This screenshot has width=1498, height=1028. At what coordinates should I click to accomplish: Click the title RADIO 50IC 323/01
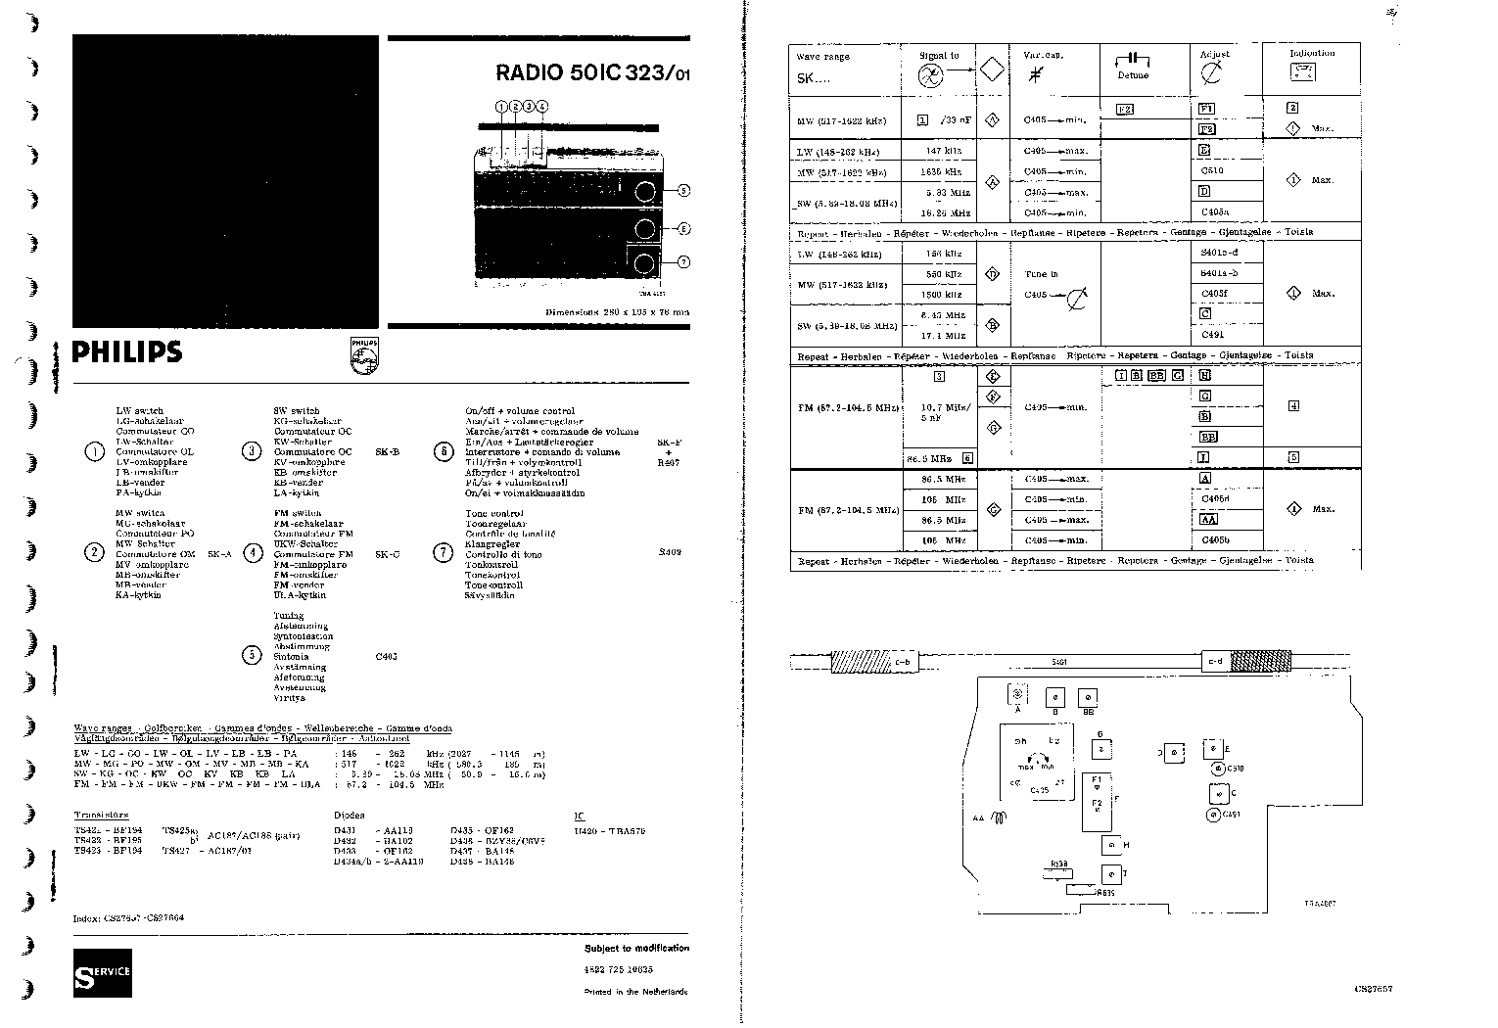point(591,71)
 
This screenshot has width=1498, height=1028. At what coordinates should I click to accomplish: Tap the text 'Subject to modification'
point(636,948)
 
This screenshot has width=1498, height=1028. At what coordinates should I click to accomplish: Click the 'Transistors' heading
point(101,815)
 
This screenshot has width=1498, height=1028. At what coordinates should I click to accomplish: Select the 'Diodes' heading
point(349,815)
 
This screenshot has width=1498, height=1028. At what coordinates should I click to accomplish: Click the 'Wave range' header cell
point(822,57)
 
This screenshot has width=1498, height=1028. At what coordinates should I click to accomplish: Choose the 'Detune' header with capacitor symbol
point(1133,67)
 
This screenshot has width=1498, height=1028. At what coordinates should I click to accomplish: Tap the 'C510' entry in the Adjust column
point(1212,171)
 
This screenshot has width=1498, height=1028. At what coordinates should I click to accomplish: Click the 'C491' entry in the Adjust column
point(1212,335)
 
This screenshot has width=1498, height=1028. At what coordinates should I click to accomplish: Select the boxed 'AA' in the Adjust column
point(1208,520)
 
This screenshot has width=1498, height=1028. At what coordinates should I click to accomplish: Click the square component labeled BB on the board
point(1087,697)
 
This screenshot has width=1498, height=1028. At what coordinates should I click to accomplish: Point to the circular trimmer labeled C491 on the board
point(1214,815)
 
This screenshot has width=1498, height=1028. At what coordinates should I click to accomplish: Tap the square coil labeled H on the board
point(1111,845)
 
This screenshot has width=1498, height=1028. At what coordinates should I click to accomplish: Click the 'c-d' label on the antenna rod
point(1215,662)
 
